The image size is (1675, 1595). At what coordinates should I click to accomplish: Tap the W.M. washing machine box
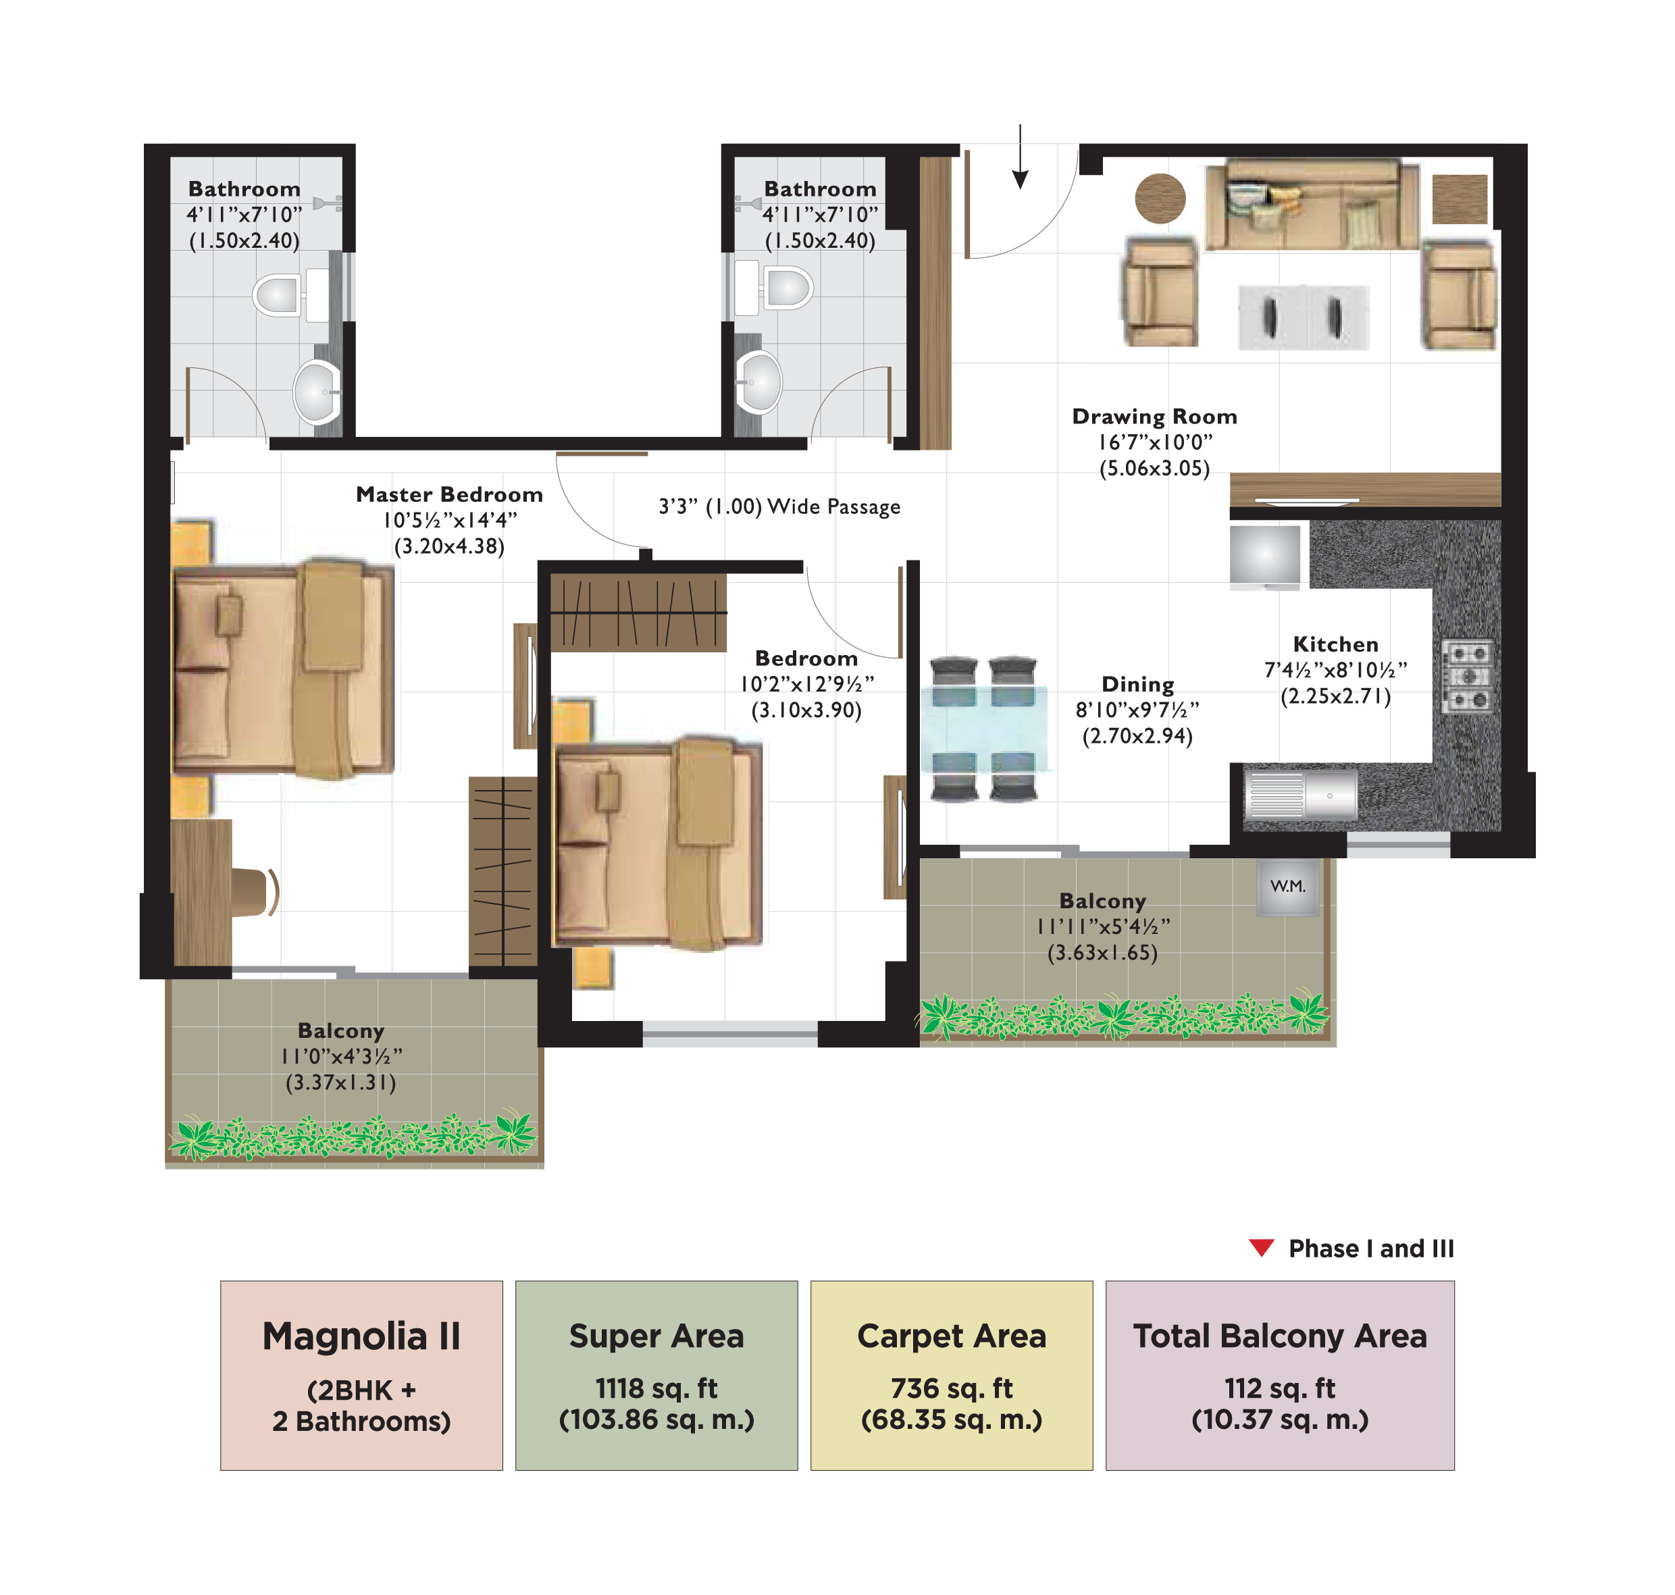click(x=1287, y=887)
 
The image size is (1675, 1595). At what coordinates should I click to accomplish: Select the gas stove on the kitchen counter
click(x=1468, y=677)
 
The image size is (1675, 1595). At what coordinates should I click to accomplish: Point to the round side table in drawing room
click(x=1160, y=198)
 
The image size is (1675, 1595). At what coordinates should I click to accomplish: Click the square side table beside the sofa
click(x=1459, y=198)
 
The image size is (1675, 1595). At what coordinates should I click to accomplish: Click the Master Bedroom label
click(x=449, y=494)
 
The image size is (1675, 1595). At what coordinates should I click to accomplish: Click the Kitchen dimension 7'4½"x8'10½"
click(x=1335, y=670)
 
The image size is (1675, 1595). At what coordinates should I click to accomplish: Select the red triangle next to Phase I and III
click(x=1261, y=1247)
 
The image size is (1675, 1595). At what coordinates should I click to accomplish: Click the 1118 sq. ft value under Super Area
click(x=656, y=1388)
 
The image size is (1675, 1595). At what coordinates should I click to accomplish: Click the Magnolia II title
click(x=361, y=1336)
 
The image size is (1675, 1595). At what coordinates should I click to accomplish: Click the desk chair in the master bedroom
click(x=253, y=892)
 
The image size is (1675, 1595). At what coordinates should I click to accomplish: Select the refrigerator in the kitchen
click(x=1264, y=554)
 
